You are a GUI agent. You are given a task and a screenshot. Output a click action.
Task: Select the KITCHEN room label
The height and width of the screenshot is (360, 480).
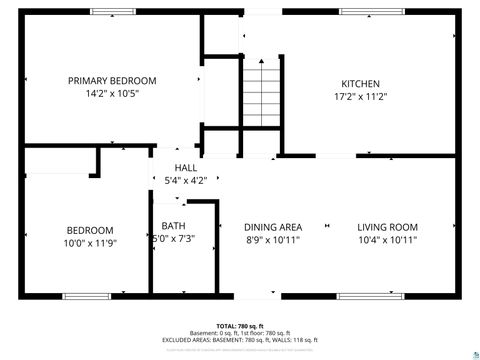(x=361, y=83)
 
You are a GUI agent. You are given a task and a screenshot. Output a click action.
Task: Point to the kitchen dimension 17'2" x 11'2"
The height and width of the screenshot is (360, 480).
(x=361, y=97)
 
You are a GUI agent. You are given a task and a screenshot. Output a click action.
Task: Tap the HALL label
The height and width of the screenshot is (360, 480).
(x=186, y=167)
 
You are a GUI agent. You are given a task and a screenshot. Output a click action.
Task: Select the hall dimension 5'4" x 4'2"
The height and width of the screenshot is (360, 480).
(x=186, y=181)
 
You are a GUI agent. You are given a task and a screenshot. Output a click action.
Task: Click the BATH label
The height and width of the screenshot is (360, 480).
(x=173, y=225)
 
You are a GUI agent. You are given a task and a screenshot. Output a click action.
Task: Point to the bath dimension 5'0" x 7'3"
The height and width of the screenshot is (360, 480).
(x=173, y=239)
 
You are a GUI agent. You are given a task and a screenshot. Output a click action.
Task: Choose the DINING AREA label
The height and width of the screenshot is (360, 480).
(x=274, y=226)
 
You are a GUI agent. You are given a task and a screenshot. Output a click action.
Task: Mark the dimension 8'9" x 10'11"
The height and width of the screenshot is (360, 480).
(x=273, y=240)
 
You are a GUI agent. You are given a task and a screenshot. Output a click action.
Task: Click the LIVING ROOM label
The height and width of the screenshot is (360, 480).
(x=388, y=226)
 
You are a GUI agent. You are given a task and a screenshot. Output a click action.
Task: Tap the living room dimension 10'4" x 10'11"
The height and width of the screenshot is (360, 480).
(x=388, y=240)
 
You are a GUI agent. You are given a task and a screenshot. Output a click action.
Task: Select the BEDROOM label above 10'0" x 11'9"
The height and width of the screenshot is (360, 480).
(x=90, y=229)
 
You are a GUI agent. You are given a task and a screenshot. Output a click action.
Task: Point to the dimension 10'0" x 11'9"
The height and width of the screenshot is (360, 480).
(x=90, y=243)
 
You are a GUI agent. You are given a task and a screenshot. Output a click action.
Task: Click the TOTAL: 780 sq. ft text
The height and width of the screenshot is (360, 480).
(x=239, y=326)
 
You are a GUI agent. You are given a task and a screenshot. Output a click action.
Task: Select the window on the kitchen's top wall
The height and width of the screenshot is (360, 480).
(x=372, y=11)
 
